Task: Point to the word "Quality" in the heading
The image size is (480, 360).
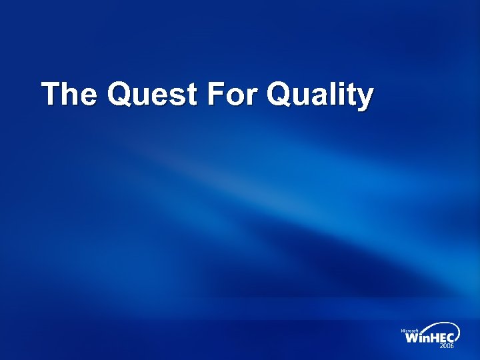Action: pyautogui.click(x=319, y=96)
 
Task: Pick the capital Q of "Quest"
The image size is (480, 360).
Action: pyautogui.click(x=121, y=95)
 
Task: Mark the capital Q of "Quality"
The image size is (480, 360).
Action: pyautogui.click(x=279, y=95)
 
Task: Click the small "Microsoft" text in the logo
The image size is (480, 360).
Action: pyautogui.click(x=409, y=331)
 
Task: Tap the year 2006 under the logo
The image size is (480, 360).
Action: pyautogui.click(x=446, y=347)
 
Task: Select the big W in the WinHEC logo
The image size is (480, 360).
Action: pyautogui.click(x=413, y=338)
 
